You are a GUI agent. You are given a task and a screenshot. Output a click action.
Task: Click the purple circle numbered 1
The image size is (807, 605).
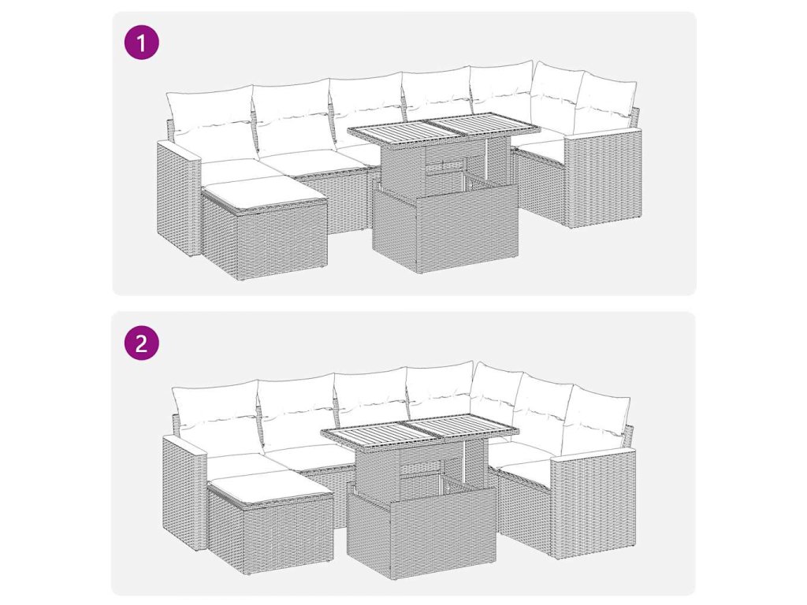[x=142, y=43]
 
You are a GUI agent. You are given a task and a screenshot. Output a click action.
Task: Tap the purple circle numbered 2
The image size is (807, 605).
[x=142, y=343]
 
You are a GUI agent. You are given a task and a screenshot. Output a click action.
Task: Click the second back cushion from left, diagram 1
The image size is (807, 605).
[x=292, y=114]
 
